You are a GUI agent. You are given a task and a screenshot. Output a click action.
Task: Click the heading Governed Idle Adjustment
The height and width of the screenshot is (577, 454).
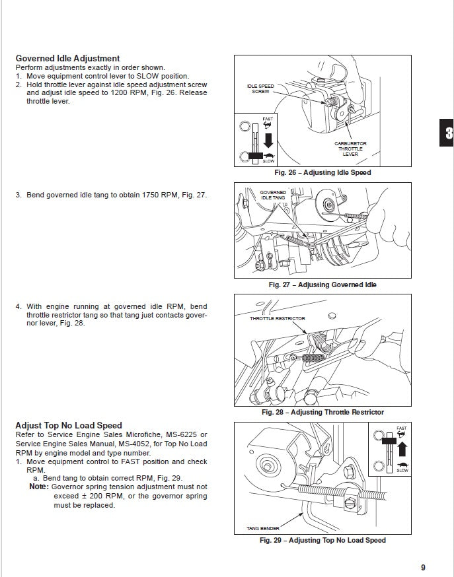click(67, 59)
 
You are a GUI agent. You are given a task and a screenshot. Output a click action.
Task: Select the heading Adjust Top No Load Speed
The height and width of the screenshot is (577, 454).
click(69, 425)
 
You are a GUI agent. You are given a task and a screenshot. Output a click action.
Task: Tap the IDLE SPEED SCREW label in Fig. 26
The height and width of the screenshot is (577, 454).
click(260, 88)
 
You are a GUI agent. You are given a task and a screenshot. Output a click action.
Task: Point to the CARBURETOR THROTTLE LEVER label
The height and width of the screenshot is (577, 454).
click(350, 149)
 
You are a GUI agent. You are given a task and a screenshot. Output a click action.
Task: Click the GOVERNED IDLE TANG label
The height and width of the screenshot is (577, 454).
click(273, 195)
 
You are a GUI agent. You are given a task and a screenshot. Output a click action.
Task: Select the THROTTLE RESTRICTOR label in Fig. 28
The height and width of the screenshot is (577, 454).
click(278, 318)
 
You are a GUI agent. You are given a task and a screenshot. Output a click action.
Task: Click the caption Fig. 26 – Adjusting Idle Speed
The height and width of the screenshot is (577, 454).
click(322, 173)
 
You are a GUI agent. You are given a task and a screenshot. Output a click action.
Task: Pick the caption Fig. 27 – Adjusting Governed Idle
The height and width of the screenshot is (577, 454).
click(322, 285)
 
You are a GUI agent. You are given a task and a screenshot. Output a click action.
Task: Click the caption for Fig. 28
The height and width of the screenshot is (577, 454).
click(322, 413)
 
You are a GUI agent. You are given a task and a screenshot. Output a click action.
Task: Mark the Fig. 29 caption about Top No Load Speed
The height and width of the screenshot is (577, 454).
click(322, 540)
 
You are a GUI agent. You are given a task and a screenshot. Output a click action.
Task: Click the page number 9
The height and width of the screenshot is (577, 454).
click(422, 566)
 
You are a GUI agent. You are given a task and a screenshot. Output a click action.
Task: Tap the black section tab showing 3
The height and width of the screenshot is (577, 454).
click(447, 133)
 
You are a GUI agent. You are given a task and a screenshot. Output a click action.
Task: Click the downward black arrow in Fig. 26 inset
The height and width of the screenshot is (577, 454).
click(268, 139)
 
